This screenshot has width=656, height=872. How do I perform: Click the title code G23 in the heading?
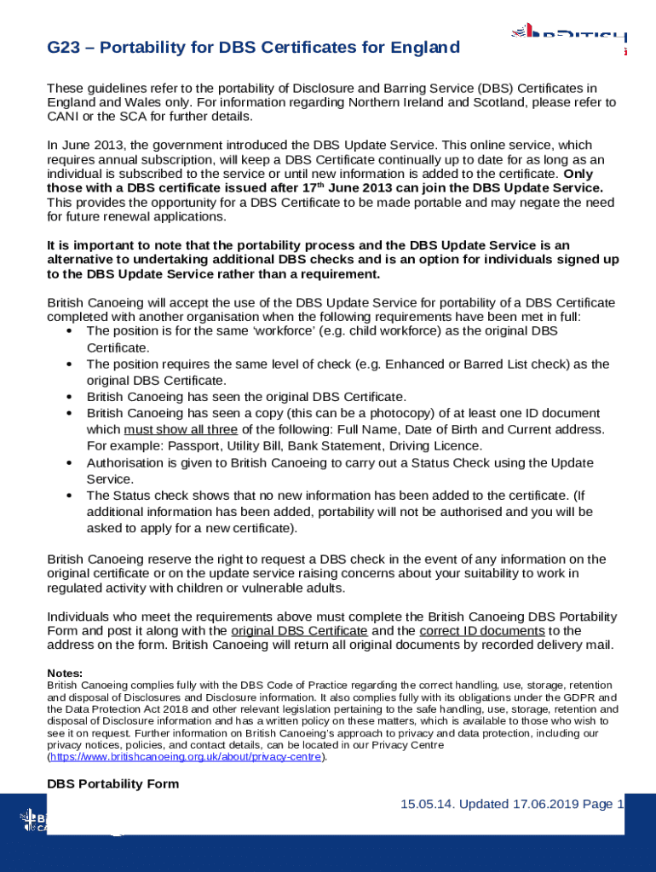tap(63, 48)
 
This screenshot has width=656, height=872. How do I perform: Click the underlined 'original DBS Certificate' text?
tap(299, 631)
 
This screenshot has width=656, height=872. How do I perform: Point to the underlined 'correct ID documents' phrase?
tap(482, 631)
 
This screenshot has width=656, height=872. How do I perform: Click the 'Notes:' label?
tap(65, 673)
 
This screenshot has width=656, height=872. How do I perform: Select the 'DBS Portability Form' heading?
tap(112, 783)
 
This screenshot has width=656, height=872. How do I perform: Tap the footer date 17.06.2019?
tap(549, 805)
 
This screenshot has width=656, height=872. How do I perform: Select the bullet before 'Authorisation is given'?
tap(67, 462)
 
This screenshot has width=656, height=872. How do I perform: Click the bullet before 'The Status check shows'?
tap(67, 496)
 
